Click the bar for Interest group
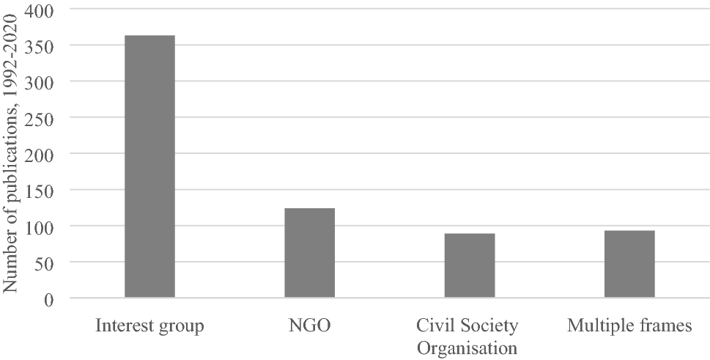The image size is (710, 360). pyautogui.click(x=149, y=166)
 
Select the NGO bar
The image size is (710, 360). pyautogui.click(x=309, y=253)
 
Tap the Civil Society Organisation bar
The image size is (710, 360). pyautogui.click(x=470, y=265)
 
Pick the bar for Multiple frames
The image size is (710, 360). pyautogui.click(x=629, y=264)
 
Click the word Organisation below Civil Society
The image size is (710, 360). pyautogui.click(x=467, y=347)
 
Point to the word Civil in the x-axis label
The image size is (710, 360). pyautogui.click(x=432, y=325)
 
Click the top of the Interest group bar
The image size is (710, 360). pyautogui.click(x=149, y=36)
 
